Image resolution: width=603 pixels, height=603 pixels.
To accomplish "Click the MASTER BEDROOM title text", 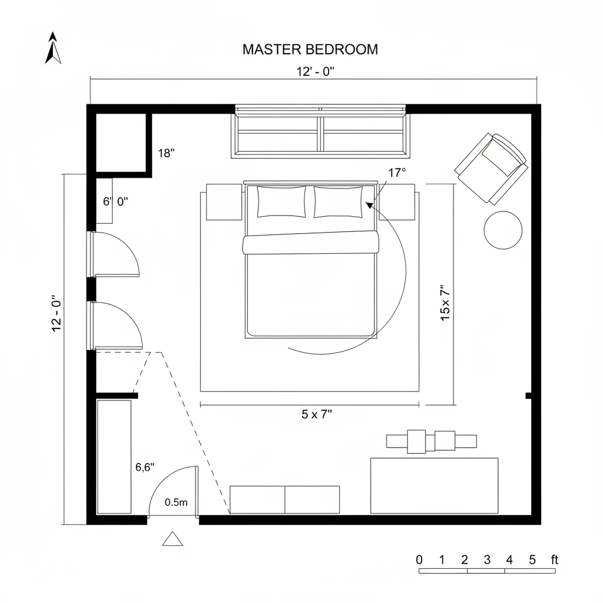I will (310, 49).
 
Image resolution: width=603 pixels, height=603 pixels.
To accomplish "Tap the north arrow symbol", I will (54, 48).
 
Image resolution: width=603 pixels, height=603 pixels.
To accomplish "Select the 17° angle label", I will (397, 173).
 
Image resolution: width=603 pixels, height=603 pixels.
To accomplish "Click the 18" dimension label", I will (167, 153).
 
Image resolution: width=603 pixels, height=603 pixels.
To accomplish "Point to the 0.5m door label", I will (176, 502).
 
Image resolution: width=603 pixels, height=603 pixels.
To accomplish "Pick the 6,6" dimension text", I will (145, 468).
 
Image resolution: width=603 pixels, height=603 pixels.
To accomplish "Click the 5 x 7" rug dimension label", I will (317, 414).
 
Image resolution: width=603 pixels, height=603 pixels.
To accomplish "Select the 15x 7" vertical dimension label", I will (445, 303).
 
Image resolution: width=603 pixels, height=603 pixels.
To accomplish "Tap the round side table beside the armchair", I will (502, 230).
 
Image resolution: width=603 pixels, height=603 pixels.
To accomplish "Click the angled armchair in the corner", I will (491, 168).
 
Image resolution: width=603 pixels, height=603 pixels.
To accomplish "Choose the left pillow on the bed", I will (281, 201).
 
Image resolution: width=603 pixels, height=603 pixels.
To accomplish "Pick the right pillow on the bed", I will (338, 201).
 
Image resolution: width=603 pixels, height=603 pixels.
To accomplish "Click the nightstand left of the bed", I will (224, 201).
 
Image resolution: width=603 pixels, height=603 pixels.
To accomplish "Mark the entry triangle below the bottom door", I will (173, 539).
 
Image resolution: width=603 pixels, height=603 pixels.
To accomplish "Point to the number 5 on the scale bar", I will (532, 559).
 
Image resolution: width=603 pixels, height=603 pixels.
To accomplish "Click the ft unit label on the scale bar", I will (554, 559).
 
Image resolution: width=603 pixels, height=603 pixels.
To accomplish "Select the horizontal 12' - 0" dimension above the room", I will (315, 72).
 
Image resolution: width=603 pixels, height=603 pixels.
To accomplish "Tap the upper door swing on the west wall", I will (115, 254).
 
